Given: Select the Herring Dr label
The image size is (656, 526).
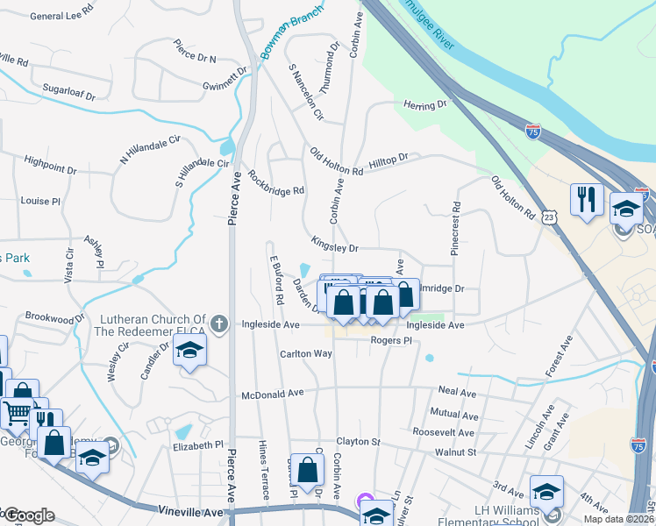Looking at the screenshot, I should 425,105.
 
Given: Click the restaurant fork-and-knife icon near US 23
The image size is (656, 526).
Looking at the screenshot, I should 585,199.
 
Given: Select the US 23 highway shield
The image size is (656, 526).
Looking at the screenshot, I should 549,216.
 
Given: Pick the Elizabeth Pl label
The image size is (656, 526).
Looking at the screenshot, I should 197,445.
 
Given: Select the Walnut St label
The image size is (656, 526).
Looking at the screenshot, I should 455,452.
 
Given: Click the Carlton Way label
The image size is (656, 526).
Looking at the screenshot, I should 305,353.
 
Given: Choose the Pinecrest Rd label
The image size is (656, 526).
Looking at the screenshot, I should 456,230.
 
